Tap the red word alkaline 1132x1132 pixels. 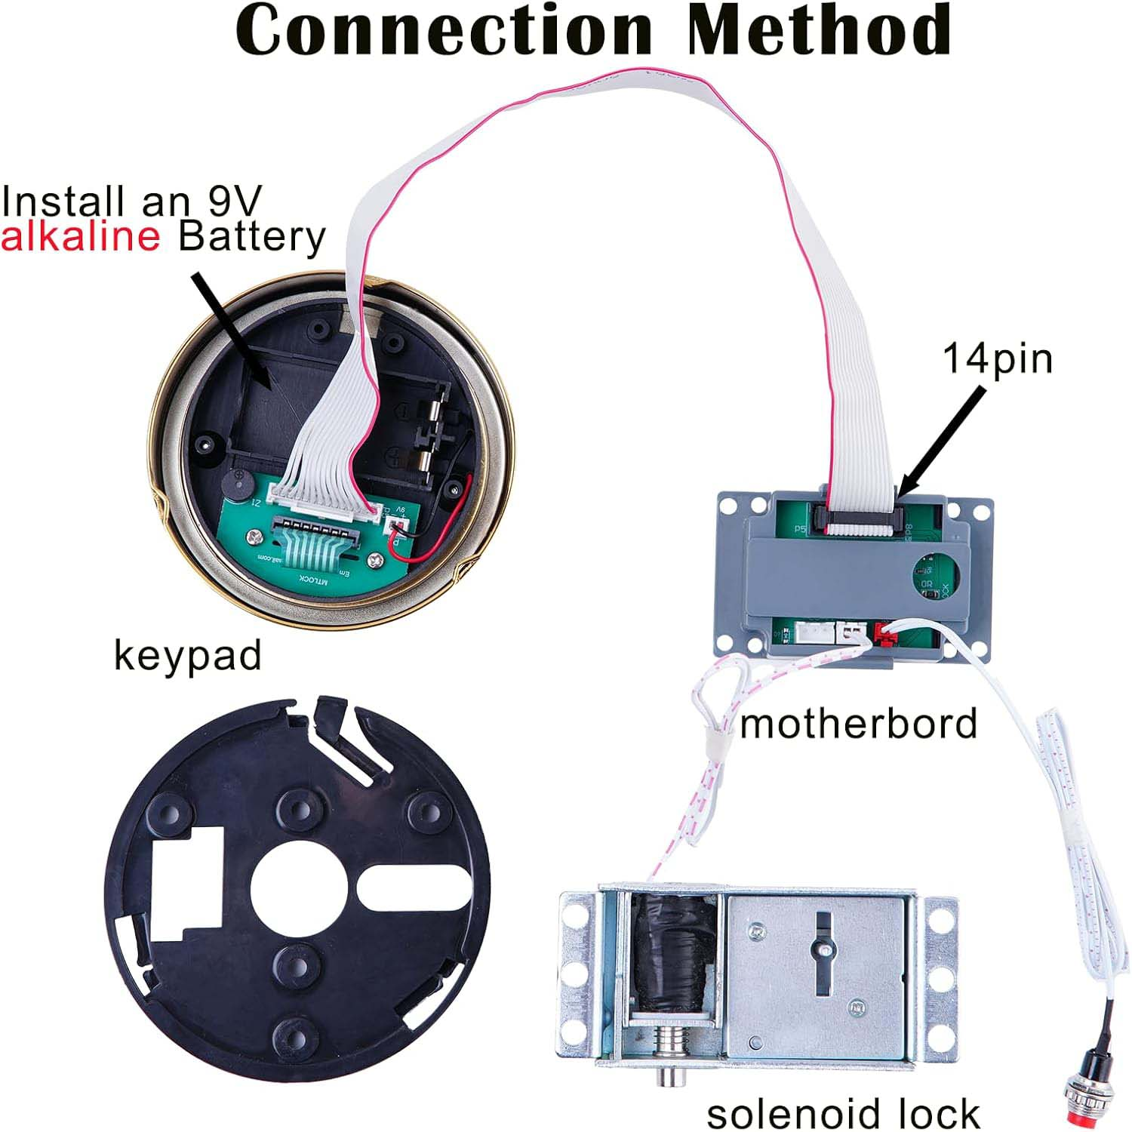(81, 236)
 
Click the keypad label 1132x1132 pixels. (187, 655)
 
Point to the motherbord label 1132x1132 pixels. (858, 723)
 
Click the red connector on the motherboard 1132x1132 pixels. (883, 635)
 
